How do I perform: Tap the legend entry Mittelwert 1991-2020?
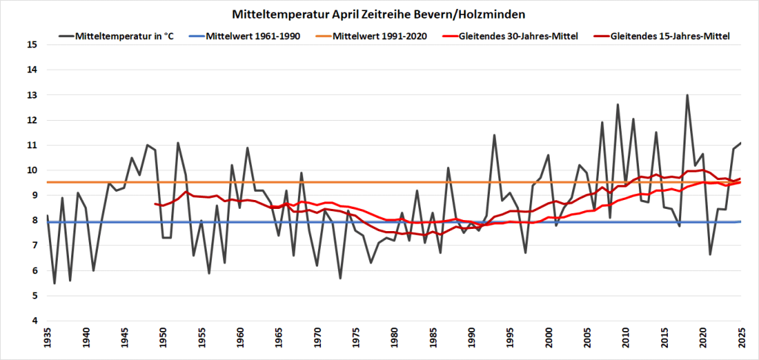point(380,36)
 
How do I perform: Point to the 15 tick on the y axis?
point(32,44)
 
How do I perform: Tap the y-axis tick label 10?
point(32,170)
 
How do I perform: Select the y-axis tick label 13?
point(32,95)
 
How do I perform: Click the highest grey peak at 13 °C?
point(687,95)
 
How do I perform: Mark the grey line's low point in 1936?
point(54,283)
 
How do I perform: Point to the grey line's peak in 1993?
point(494,135)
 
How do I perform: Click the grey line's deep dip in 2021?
point(710,254)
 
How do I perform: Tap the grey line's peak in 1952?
point(178,143)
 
